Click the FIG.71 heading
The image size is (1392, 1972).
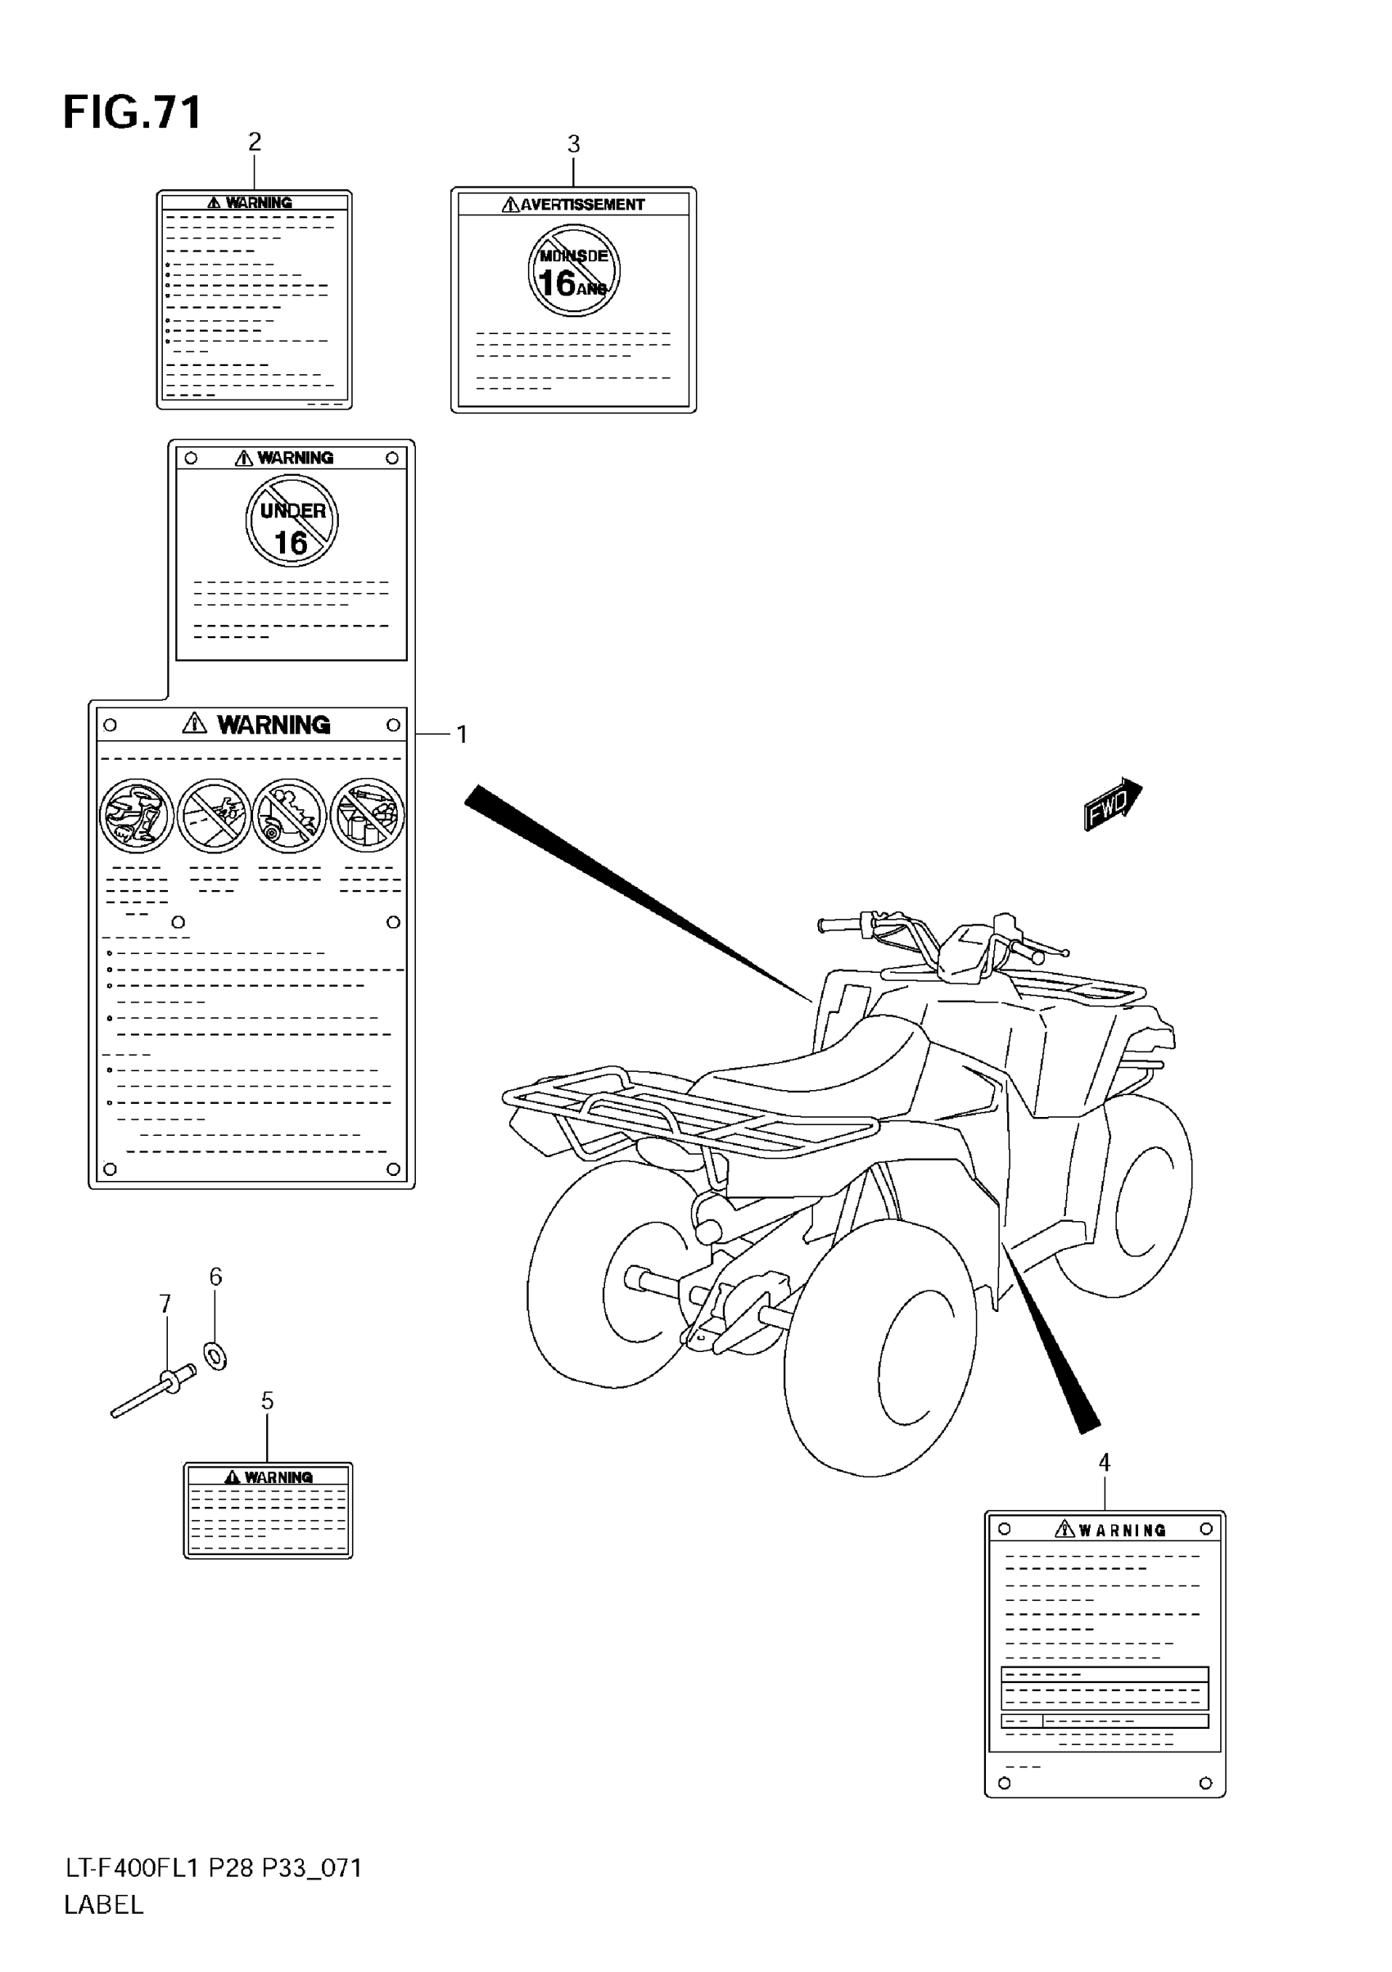pos(133,112)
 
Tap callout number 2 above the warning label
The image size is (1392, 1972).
pos(254,142)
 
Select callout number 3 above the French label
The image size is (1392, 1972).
pos(574,144)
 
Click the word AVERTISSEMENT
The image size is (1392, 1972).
pos(581,205)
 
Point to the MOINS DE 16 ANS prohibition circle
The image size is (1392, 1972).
pos(574,270)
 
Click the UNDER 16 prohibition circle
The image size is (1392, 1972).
pos(292,522)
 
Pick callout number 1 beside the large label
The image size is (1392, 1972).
pos(462,735)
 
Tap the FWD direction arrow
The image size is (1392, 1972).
pos(1112,804)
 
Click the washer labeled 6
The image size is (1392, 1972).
pos(215,1356)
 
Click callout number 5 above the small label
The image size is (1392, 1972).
pos(267,1401)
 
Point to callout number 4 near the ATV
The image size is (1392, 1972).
pos(1105,1463)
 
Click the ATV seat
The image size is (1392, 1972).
pos(825,1065)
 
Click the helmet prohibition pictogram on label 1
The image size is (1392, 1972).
pos(137,815)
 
